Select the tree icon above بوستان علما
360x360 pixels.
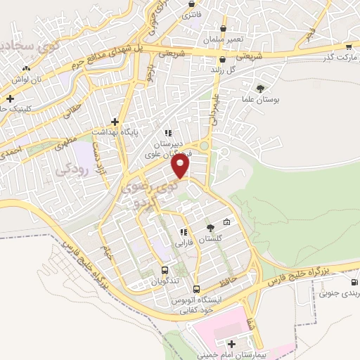point(261,89)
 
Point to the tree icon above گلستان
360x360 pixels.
point(210,227)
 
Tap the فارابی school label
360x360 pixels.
point(185,245)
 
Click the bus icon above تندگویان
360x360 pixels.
point(165,270)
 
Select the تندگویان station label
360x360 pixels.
point(164,282)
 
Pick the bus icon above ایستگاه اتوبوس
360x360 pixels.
point(196,288)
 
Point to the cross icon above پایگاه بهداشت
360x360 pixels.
point(114,121)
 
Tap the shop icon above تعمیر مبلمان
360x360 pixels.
point(223,28)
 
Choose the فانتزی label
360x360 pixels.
point(191,14)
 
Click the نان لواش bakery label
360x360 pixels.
point(31,79)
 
